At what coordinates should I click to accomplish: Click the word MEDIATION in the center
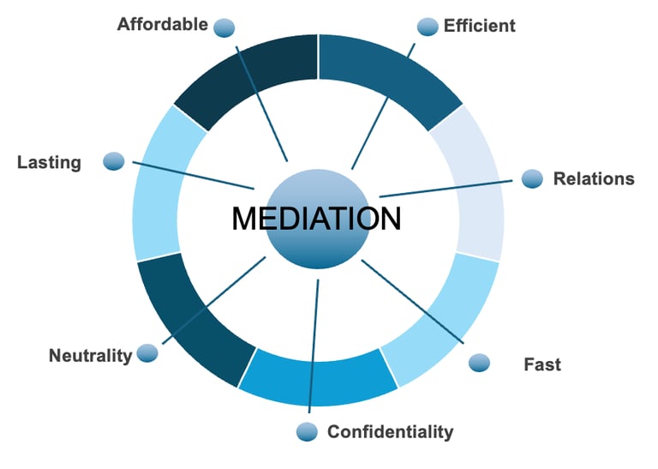click(x=316, y=219)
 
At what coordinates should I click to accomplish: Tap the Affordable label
click(x=163, y=24)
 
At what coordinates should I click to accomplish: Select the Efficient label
click(x=479, y=26)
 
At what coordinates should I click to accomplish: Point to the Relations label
click(x=594, y=179)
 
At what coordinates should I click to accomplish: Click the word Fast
click(x=542, y=364)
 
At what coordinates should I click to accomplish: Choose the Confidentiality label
click(x=390, y=431)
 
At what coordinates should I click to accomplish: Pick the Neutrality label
click(x=91, y=355)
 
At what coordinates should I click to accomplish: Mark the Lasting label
click(x=49, y=162)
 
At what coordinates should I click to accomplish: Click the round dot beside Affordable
click(x=224, y=27)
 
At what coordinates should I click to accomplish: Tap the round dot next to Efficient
click(x=428, y=27)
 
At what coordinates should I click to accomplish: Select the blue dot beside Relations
click(x=532, y=178)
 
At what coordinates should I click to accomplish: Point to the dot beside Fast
click(x=480, y=363)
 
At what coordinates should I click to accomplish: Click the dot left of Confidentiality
click(x=307, y=431)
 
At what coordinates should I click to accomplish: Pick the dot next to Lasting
click(x=114, y=161)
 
